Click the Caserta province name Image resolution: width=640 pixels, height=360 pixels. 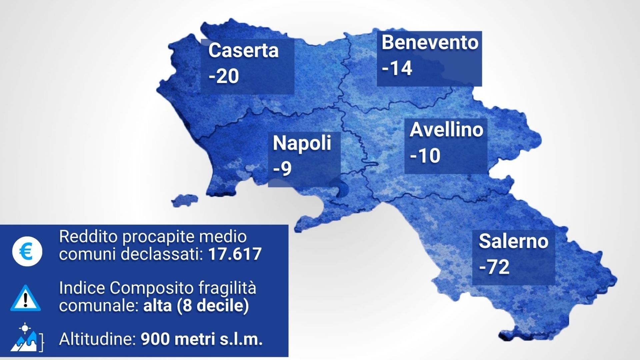(x=243, y=51)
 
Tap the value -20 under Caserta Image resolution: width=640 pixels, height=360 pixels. (x=224, y=76)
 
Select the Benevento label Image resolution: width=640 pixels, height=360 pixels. (x=430, y=43)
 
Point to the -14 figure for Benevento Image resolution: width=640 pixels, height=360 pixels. (x=397, y=68)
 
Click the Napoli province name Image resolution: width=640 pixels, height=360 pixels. (x=302, y=143)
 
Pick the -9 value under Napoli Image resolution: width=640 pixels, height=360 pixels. (x=282, y=168)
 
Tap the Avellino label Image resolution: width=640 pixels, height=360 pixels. (x=446, y=130)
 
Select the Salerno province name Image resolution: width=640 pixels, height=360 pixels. (x=513, y=241)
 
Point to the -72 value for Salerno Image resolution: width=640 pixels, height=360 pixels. (x=494, y=267)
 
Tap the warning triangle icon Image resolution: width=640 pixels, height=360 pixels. (x=26, y=298)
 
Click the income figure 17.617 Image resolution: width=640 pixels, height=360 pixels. (x=235, y=254)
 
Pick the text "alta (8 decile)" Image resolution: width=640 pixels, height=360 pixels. (x=196, y=306)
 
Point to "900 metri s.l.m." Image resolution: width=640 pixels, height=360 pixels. (x=202, y=340)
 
